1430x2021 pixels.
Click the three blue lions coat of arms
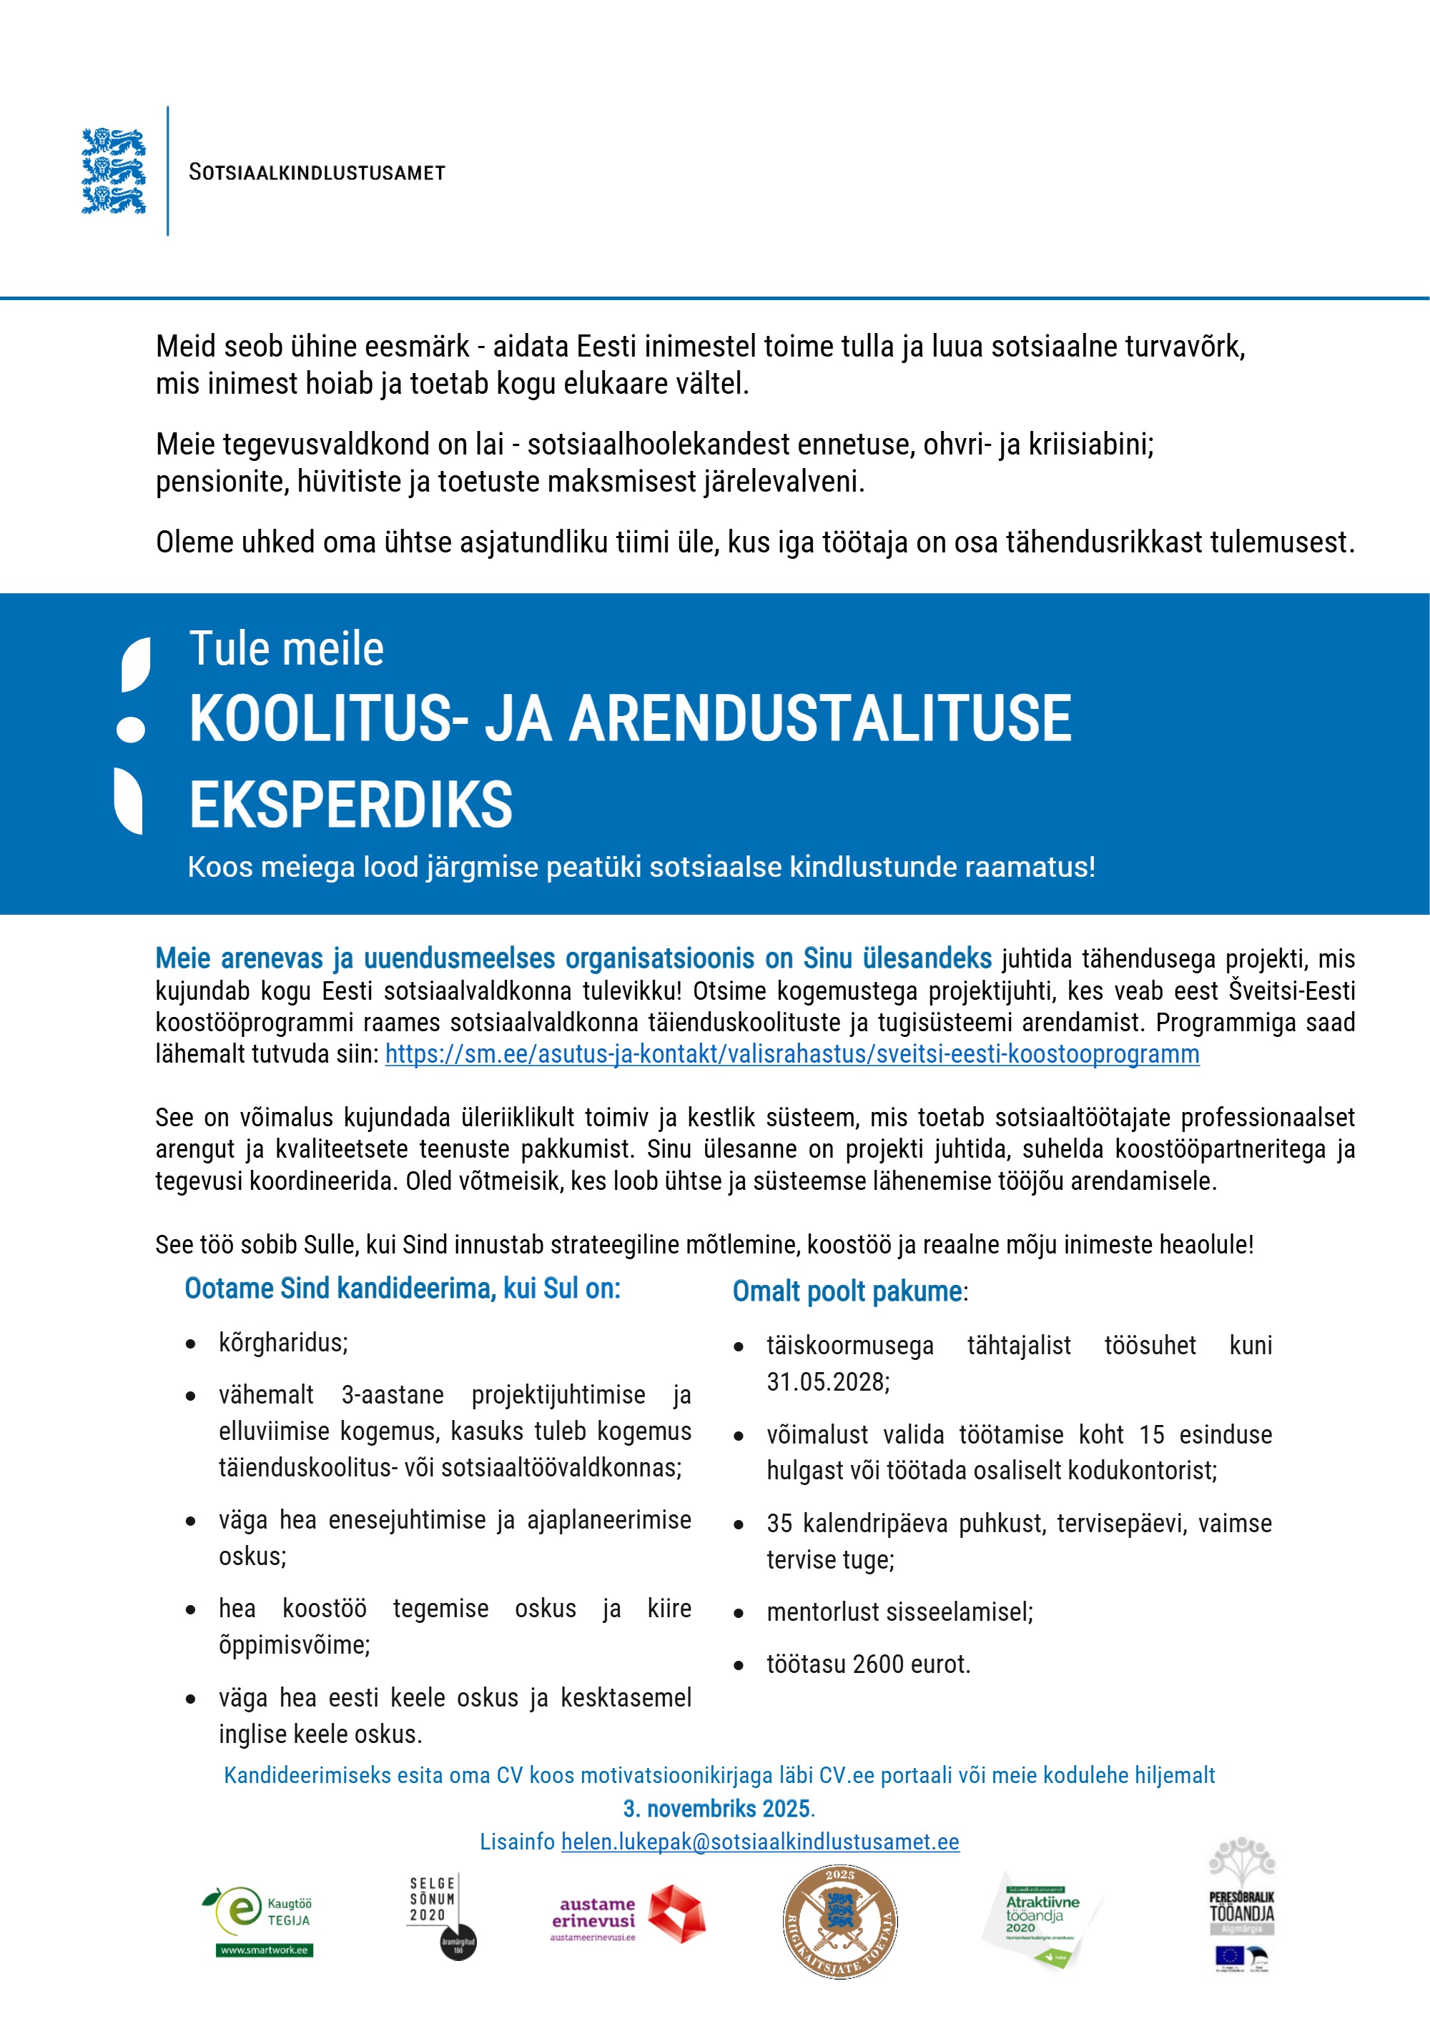tap(114, 171)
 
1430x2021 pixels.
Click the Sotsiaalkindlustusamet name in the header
tap(317, 172)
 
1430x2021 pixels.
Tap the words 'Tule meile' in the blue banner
tap(286, 649)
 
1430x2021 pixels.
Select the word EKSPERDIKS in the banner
tap(350, 805)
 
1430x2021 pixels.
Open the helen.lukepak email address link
tap(760, 1842)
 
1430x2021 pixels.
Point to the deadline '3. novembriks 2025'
tap(718, 1808)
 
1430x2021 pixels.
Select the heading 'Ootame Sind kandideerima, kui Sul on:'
tap(403, 1288)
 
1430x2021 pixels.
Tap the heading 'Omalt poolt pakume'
tap(847, 1291)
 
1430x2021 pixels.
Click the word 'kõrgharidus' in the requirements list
tap(282, 1342)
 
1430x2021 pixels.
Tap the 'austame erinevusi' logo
tap(627, 1915)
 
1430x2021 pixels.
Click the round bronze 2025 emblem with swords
tap(840, 1922)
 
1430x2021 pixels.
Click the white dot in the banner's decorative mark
tap(131, 729)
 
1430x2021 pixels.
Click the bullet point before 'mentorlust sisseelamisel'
tap(739, 1614)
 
